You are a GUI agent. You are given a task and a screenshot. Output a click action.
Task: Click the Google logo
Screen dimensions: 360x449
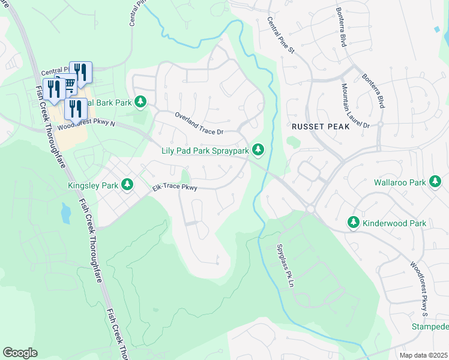(x=20, y=353)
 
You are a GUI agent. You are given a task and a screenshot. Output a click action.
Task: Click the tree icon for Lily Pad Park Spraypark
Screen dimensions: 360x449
(x=258, y=149)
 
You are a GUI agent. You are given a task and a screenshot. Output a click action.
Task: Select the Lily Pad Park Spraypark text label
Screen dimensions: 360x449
(x=204, y=151)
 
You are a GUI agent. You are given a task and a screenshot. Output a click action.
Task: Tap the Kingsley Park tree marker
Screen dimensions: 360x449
(x=127, y=185)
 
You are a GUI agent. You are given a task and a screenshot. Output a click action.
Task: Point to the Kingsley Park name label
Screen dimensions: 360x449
(x=93, y=185)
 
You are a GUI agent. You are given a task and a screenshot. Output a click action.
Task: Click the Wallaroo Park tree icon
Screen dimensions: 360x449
(x=435, y=182)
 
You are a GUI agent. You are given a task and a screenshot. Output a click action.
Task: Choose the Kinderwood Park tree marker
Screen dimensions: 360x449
(x=354, y=223)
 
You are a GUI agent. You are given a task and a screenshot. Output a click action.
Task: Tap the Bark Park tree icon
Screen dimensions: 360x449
(x=140, y=103)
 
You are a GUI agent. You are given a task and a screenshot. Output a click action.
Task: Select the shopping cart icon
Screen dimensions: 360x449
(x=68, y=83)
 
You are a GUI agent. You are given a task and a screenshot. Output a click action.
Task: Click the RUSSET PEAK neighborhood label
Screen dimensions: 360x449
(x=316, y=127)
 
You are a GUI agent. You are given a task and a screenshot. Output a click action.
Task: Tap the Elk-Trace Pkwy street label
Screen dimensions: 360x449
(x=175, y=188)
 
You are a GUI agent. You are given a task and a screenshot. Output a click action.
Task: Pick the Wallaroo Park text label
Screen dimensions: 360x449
(x=399, y=182)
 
